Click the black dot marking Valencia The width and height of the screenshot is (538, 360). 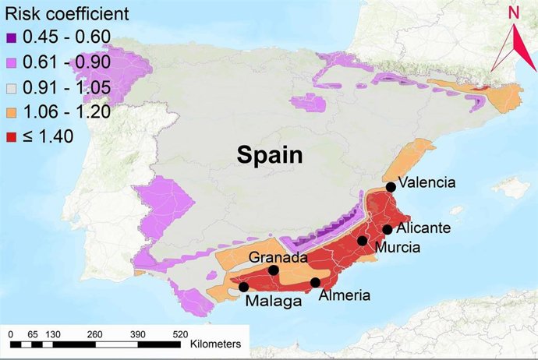click(391, 187)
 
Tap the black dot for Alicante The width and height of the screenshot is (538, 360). click(388, 229)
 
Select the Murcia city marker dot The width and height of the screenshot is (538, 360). click(363, 241)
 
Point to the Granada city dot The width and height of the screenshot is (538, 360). click(274, 270)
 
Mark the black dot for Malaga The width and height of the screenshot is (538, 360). click(244, 287)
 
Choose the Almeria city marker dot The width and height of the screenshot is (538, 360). click(315, 283)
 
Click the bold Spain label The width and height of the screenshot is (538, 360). click(271, 154)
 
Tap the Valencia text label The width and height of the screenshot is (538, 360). click(426, 185)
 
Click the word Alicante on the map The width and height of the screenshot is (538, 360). click(423, 229)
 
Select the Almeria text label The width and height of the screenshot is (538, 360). click(344, 296)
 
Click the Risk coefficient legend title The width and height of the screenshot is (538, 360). click(67, 13)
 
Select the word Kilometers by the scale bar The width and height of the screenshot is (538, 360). click(214, 343)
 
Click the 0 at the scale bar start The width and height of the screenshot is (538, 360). click(11, 333)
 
